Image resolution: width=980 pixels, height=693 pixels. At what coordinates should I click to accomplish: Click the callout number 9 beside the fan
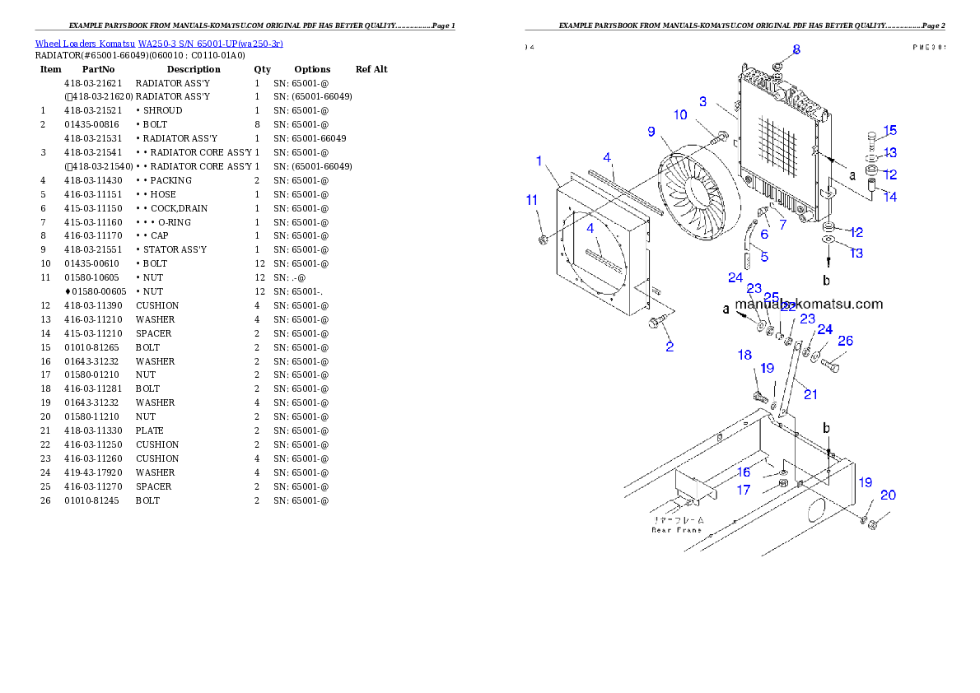651,132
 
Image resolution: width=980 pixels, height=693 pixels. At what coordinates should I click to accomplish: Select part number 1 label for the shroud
539,160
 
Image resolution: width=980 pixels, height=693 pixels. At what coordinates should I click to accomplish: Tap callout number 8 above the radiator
796,50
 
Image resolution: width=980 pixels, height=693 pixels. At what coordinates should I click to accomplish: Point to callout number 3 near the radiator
702,102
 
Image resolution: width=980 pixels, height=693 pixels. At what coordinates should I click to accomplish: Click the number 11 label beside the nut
532,199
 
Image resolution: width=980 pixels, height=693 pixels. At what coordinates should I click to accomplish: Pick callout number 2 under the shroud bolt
670,346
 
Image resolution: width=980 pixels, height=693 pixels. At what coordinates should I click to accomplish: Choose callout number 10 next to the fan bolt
680,115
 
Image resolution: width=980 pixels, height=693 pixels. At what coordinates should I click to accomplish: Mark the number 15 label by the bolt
890,131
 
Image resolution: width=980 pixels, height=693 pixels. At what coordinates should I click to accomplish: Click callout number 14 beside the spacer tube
890,197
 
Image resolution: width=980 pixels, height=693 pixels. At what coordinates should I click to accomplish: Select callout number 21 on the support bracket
810,395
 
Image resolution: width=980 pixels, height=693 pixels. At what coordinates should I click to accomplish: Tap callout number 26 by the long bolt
845,341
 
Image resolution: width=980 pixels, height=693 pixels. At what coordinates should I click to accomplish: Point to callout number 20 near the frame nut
888,495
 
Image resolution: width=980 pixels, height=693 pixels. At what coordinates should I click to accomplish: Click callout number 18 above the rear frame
744,355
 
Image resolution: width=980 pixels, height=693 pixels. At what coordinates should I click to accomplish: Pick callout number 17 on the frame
744,490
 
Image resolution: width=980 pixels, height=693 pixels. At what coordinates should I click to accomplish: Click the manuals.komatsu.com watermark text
809,304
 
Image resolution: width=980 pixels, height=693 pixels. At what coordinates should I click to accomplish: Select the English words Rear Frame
676,530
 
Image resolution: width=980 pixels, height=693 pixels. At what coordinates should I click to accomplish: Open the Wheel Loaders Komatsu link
159,44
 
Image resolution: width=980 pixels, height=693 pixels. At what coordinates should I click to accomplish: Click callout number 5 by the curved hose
764,257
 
